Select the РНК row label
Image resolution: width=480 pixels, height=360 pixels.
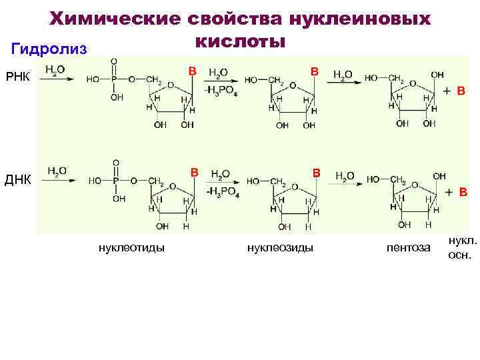18,75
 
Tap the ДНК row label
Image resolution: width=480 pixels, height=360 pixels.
19,179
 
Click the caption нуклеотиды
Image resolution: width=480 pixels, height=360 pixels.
132,248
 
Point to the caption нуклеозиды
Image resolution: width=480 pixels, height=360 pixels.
280,248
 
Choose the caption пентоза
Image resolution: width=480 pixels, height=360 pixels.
409,248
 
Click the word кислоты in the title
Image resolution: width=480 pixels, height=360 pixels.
241,42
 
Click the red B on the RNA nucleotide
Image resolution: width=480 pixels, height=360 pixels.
192,70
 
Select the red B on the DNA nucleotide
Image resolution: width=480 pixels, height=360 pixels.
195,172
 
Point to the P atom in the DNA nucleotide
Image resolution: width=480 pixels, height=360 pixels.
116,181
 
